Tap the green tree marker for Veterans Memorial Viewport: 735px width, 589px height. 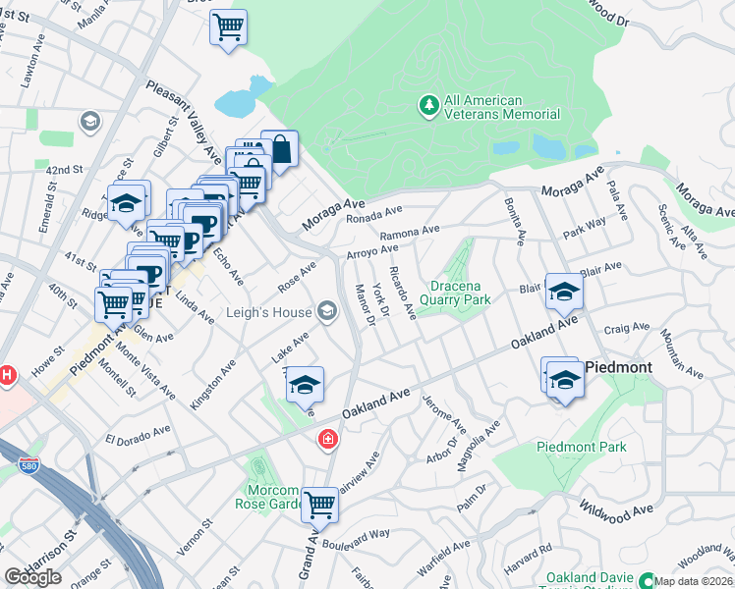coord(428,105)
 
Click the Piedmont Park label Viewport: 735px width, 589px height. coord(581,447)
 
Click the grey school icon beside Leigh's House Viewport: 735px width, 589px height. coord(327,313)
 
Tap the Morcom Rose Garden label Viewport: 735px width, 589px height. coord(266,497)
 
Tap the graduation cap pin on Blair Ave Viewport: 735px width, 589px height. coord(564,292)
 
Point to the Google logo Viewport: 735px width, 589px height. coord(32,577)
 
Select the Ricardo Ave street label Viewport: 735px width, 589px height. coord(403,292)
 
